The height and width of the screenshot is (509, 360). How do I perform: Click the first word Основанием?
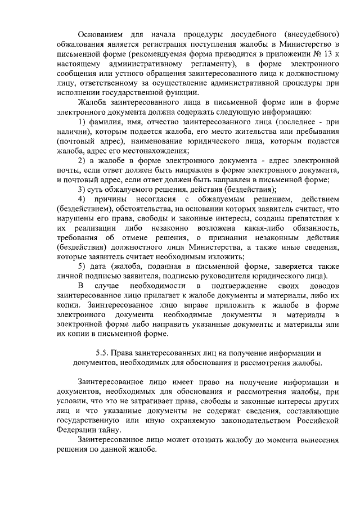pos(103,33)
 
